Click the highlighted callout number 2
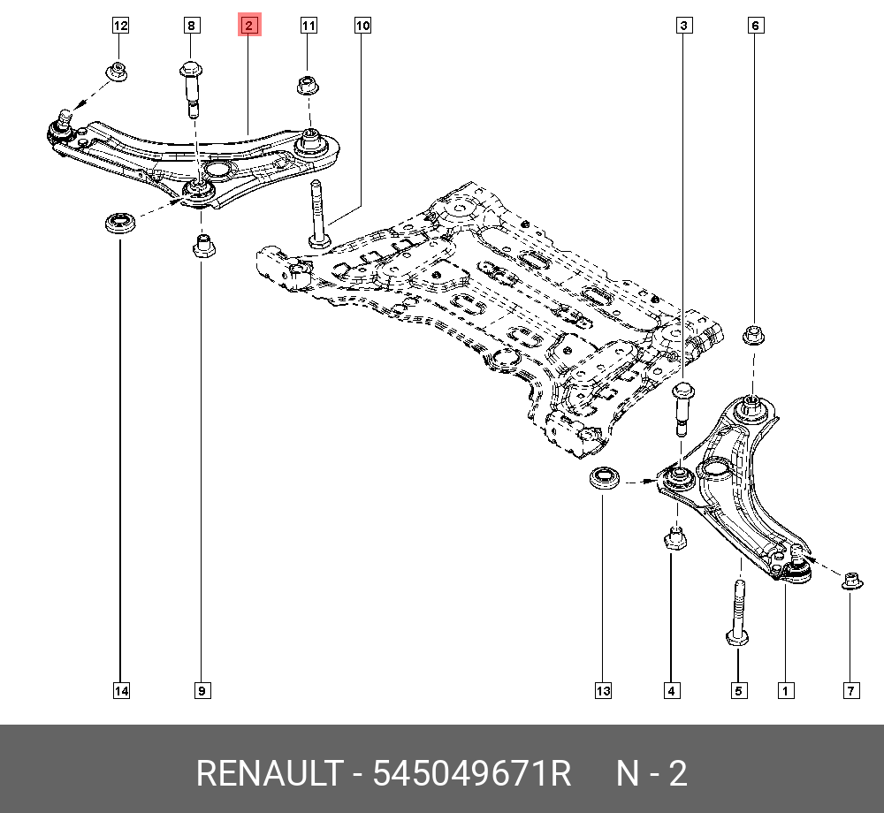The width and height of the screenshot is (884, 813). click(249, 27)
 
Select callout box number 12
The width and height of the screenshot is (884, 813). click(120, 27)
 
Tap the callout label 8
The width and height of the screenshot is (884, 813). click(191, 27)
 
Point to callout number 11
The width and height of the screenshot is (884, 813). click(308, 27)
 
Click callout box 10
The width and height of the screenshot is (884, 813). click(362, 27)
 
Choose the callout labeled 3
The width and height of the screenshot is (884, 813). click(683, 27)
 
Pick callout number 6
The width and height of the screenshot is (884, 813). click(756, 27)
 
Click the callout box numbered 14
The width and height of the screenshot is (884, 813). click(120, 690)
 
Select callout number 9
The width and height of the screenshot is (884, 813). click(202, 690)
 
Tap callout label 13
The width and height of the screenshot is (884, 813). click(603, 690)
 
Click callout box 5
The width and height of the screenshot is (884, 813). click(738, 690)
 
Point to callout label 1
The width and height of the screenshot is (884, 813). click(783, 690)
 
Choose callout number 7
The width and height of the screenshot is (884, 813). click(851, 690)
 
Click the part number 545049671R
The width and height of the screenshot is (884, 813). click(472, 774)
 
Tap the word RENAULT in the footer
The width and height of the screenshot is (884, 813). click(267, 774)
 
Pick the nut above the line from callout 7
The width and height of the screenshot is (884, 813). click(851, 581)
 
